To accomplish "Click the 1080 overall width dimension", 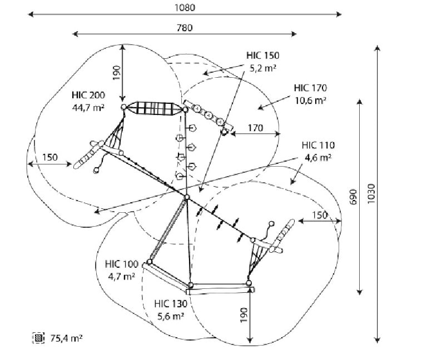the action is pyautogui.click(x=185, y=8).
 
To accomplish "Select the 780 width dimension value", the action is pyautogui.click(x=185, y=28).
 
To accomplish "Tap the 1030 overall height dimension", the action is pyautogui.click(x=371, y=193).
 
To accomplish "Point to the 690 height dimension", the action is pyautogui.click(x=353, y=197).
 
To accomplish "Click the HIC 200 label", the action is pyautogui.click(x=88, y=95).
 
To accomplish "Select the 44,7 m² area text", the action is pyautogui.click(x=88, y=108).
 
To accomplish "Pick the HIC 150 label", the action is pyautogui.click(x=262, y=56).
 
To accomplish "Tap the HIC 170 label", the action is pyautogui.click(x=310, y=88).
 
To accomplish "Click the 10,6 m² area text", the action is pyautogui.click(x=311, y=101).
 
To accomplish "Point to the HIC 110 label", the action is pyautogui.click(x=318, y=145).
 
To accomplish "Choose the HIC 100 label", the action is pyautogui.click(x=122, y=264).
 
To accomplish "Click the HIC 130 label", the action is pyautogui.click(x=171, y=304).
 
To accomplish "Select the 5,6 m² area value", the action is pyautogui.click(x=171, y=316).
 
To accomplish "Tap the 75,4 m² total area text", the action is pyautogui.click(x=67, y=338).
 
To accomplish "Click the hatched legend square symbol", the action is pyautogui.click(x=38, y=338).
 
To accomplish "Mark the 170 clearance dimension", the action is pyautogui.click(x=255, y=128).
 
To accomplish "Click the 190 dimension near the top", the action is pyautogui.click(x=116, y=73).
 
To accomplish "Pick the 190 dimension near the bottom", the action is pyautogui.click(x=244, y=315).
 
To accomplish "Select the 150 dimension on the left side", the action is pyautogui.click(x=50, y=157).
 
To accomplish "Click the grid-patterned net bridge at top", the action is pyautogui.click(x=154, y=108).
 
